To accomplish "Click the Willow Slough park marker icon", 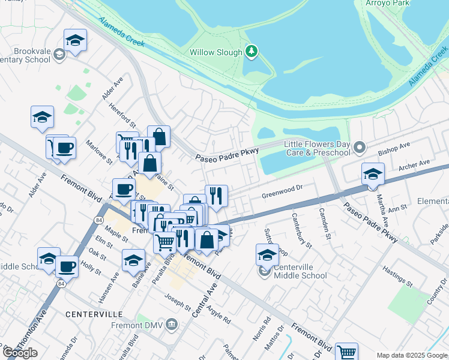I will coord(252,52).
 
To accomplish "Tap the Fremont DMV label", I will coord(137,325).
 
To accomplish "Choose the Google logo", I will coord(20,353).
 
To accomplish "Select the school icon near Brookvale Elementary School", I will coord(75,40).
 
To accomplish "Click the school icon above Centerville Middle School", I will coord(267,254).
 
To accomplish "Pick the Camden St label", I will coord(325,222).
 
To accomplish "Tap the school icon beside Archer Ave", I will coord(373,174).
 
